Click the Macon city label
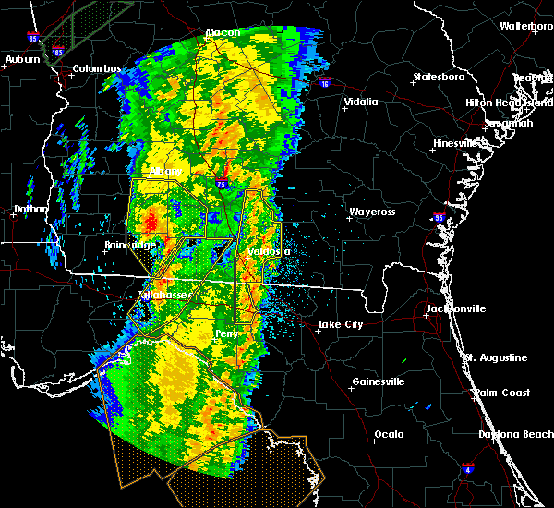coord(223,33)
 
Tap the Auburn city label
coord(22,60)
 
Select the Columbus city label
coord(97,68)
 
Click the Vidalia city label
coord(360,103)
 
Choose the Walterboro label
coord(525,26)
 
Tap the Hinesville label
coord(457,144)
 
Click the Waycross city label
coord(371,212)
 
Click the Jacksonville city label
coord(456,308)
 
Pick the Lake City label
coord(340,324)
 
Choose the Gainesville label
coord(379,381)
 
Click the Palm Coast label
coord(501,393)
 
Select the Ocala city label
coord(389,434)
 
